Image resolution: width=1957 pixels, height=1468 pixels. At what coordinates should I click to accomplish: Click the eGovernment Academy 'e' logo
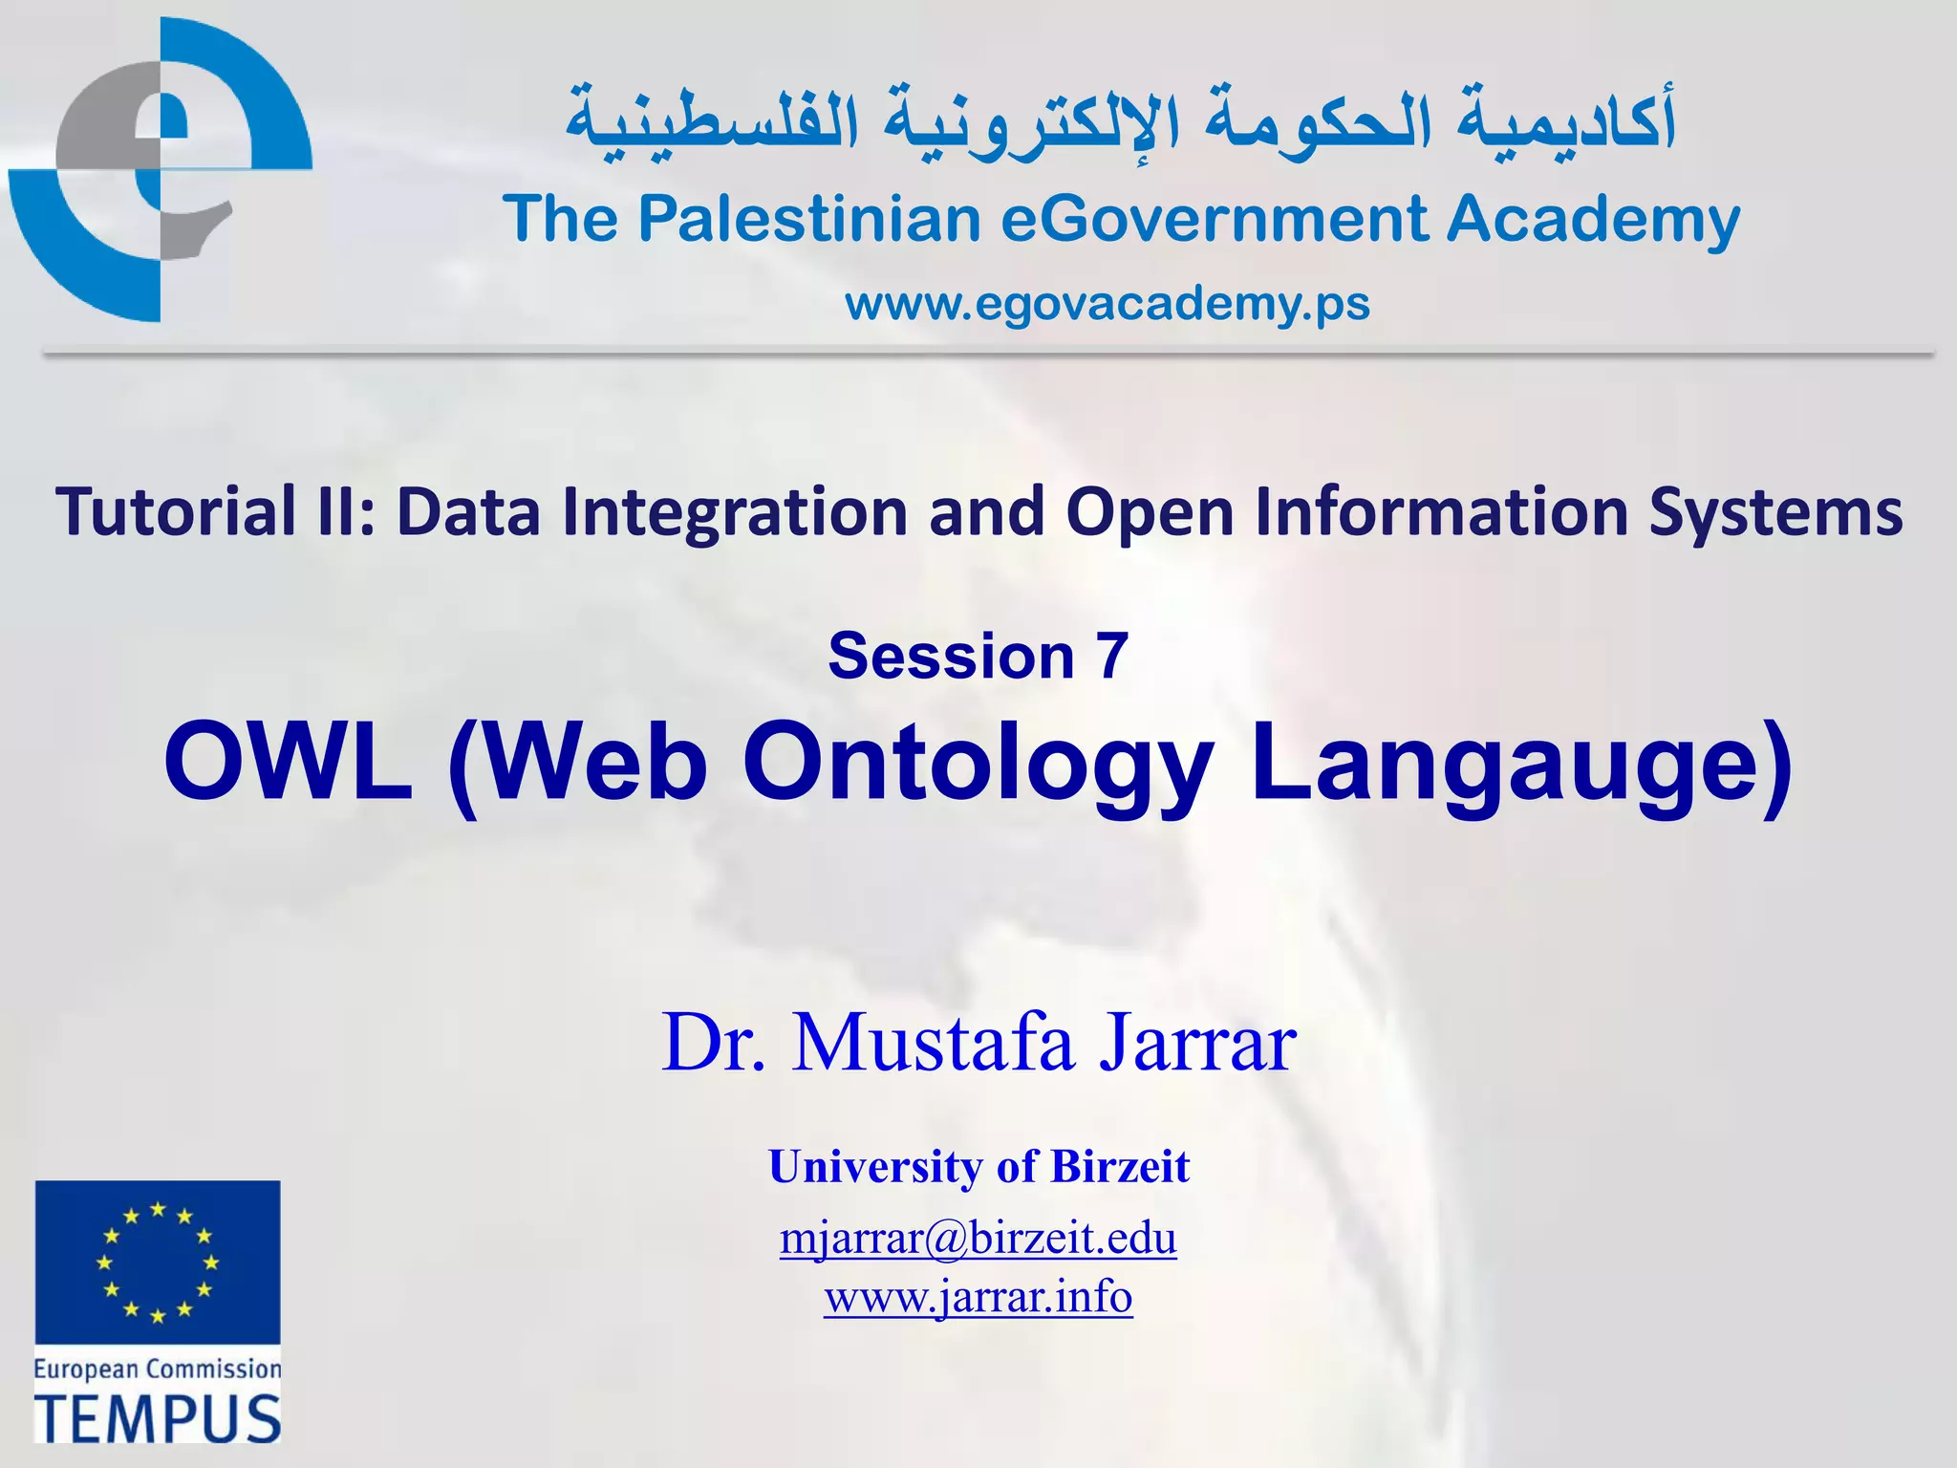point(161,170)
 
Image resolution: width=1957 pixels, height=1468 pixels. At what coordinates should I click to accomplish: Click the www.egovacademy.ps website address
point(1107,304)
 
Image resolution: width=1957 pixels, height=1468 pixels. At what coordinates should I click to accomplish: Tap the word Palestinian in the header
point(809,220)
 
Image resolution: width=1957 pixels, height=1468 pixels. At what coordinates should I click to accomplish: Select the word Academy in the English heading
point(1592,220)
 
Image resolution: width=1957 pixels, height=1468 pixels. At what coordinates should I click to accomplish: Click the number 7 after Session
point(1111,657)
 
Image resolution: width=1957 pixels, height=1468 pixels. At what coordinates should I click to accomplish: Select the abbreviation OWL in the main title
point(289,763)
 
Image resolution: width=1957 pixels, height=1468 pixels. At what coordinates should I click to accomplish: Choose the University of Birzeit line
point(978,1167)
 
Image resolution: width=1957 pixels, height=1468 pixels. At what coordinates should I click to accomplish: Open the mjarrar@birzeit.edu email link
point(978,1239)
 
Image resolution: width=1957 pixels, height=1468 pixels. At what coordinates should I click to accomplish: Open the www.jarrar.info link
point(978,1298)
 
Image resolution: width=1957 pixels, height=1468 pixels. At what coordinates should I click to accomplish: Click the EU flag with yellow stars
point(158,1262)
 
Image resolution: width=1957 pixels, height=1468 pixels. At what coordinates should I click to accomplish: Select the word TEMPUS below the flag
point(158,1418)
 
